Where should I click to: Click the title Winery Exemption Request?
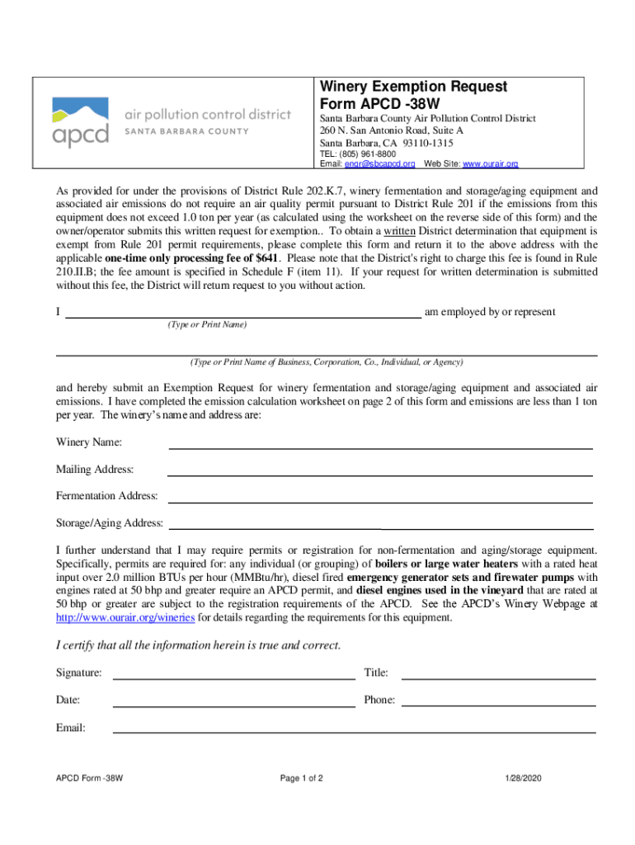pyautogui.click(x=413, y=87)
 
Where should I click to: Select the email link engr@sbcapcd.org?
pyautogui.click(x=379, y=164)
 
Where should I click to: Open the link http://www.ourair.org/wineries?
pyautogui.click(x=125, y=616)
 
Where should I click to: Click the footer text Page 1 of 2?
pyautogui.click(x=301, y=778)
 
